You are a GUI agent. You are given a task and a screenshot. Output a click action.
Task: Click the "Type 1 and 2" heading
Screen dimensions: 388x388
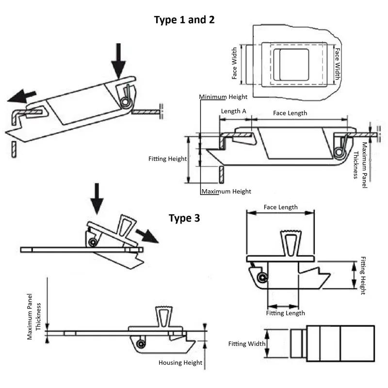coord(184,20)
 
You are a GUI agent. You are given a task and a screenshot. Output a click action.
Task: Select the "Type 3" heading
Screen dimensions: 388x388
coord(184,218)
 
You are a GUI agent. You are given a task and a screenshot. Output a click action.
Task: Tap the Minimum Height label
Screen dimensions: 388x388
coord(224,97)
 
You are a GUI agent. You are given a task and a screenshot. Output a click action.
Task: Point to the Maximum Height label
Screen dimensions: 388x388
coord(226,191)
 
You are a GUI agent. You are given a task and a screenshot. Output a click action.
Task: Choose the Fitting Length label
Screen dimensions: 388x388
coord(286,313)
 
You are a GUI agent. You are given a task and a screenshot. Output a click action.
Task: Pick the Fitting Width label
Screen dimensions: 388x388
coord(247,344)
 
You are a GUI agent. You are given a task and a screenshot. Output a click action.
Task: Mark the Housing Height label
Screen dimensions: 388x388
coord(177,362)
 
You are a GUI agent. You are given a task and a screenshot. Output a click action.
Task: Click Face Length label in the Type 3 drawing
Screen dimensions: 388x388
coord(281,207)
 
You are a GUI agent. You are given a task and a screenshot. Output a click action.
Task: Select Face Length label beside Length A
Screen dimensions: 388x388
coord(290,113)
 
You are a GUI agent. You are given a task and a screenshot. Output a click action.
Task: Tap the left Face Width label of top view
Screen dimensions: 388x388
coord(235,64)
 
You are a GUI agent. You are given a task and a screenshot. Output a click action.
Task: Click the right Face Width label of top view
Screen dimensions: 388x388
coord(338,64)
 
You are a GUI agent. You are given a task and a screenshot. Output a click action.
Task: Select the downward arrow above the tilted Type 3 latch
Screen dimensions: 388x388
coord(97,198)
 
